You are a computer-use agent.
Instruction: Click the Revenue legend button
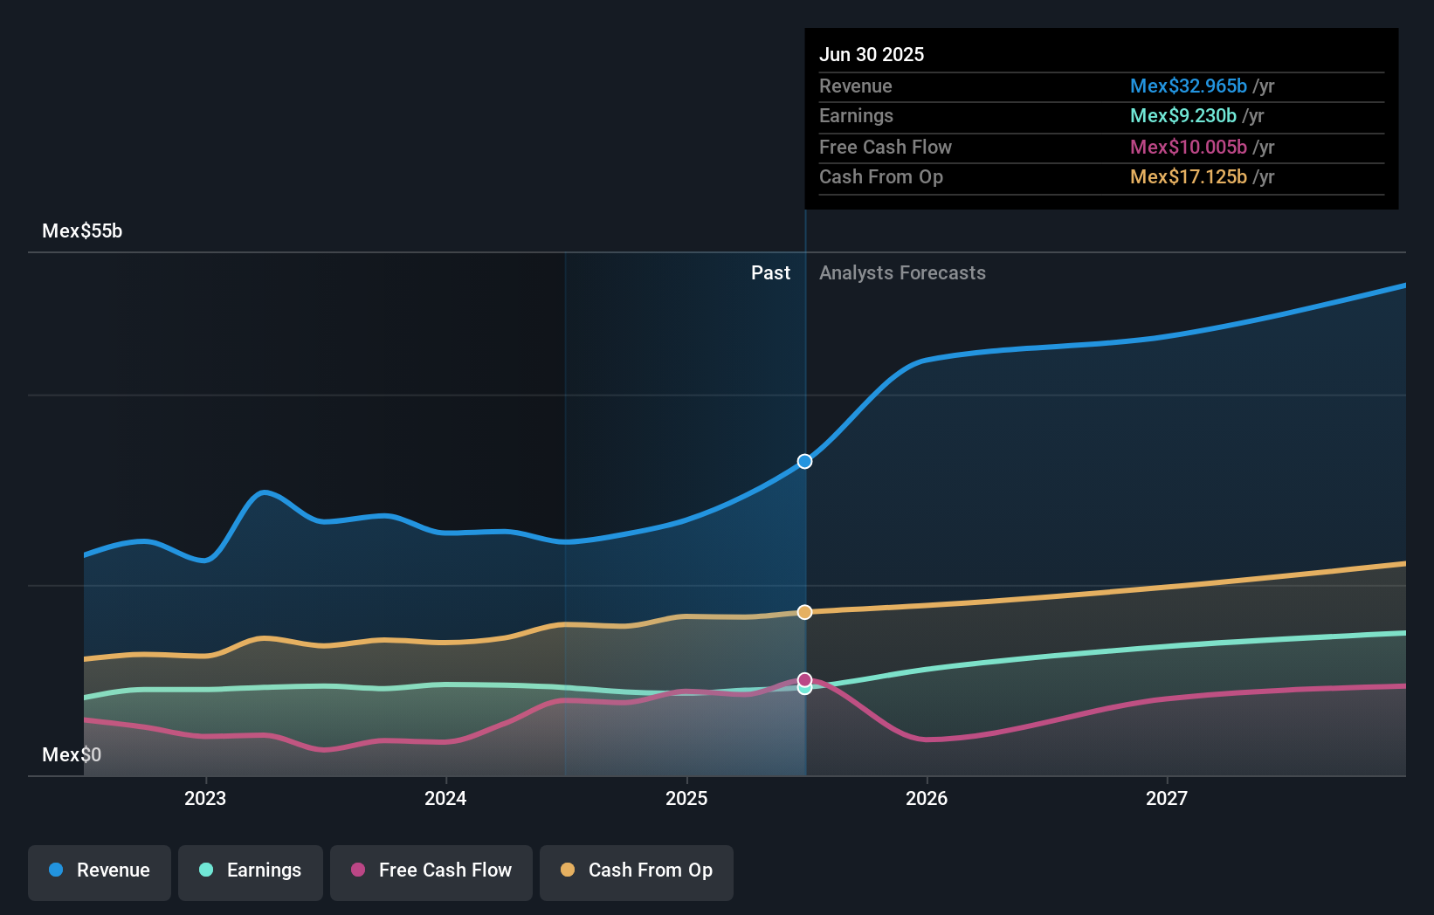click(100, 870)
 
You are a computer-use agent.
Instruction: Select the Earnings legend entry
click(251, 870)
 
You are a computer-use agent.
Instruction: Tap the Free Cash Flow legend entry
click(431, 870)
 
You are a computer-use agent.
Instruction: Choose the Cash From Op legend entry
click(637, 870)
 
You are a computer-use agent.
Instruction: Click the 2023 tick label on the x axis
click(205, 798)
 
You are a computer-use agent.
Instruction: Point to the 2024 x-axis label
click(445, 798)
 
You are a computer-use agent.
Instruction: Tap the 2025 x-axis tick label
click(686, 798)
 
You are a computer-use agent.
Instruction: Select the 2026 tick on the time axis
click(927, 798)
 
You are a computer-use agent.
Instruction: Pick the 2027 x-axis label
click(1167, 798)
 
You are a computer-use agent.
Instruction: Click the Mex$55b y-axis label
click(82, 231)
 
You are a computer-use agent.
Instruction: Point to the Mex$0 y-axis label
click(72, 755)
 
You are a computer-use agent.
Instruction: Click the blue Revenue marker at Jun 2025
click(804, 462)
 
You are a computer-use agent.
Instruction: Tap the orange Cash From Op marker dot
click(804, 612)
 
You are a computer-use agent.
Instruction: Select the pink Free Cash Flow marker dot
click(804, 679)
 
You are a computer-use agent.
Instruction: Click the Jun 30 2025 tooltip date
click(872, 54)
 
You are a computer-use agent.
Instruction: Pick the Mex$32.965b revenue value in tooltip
click(1188, 86)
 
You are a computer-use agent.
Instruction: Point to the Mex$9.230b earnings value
click(1182, 116)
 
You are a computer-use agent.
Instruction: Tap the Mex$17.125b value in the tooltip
click(1188, 177)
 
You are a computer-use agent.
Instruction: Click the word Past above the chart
click(770, 273)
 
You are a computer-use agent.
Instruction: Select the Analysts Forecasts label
click(902, 273)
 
